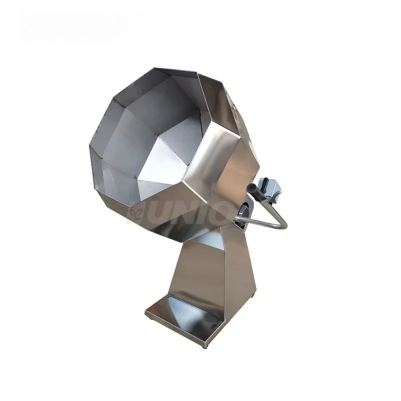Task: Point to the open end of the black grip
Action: (x=249, y=186)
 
